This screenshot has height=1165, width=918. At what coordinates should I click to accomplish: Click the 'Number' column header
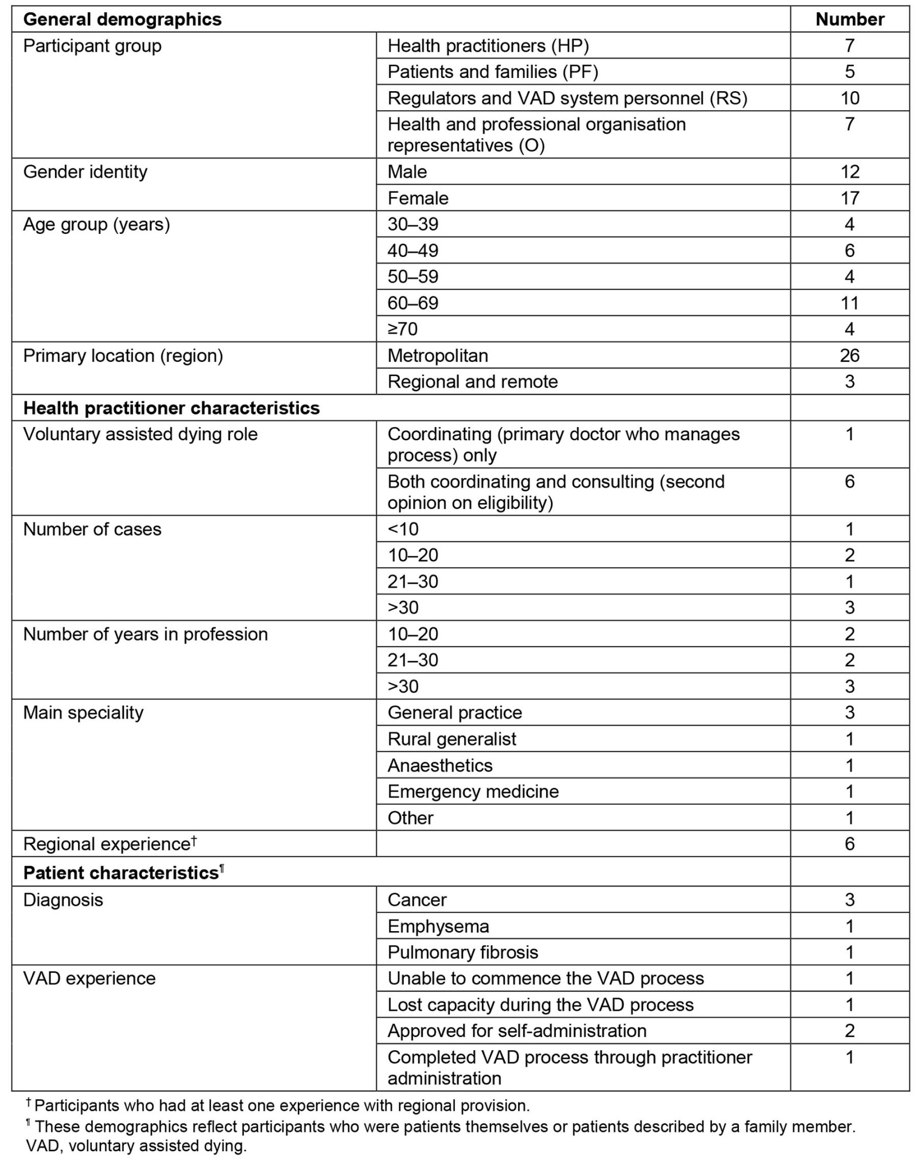tap(849, 19)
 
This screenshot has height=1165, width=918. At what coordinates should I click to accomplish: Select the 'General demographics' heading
tap(122, 19)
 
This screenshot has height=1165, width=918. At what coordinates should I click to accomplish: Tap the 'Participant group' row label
tap(92, 46)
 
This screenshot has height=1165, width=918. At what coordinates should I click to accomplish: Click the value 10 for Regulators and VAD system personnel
tap(849, 98)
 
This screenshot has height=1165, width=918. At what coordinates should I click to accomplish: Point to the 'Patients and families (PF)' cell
tap(492, 72)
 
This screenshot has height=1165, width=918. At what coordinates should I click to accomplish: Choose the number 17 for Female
tap(849, 198)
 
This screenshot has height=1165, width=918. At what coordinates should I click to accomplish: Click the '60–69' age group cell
tap(413, 303)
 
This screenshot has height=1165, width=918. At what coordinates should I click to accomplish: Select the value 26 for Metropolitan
tap(849, 355)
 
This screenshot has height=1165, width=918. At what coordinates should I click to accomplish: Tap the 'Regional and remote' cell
tap(472, 382)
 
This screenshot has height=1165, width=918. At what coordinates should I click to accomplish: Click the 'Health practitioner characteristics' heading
tap(171, 408)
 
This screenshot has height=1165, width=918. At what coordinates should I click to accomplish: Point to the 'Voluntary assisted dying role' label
tap(140, 435)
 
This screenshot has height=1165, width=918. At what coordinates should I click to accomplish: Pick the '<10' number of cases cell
tap(403, 529)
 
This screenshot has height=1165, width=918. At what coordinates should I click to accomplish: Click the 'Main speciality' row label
tap(83, 713)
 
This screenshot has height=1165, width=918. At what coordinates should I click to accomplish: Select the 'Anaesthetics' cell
tap(439, 765)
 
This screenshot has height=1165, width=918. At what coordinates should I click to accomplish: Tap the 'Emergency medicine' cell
tap(473, 792)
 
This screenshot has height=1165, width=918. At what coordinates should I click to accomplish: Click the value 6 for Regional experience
tap(849, 844)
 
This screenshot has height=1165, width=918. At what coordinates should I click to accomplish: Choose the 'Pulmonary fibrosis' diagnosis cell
tap(462, 952)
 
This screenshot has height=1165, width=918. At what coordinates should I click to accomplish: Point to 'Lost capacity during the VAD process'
tap(540, 1005)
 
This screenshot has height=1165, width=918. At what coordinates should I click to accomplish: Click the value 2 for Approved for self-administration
tap(849, 1031)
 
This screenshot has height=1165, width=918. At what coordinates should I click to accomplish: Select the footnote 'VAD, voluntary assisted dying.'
tap(136, 1146)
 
